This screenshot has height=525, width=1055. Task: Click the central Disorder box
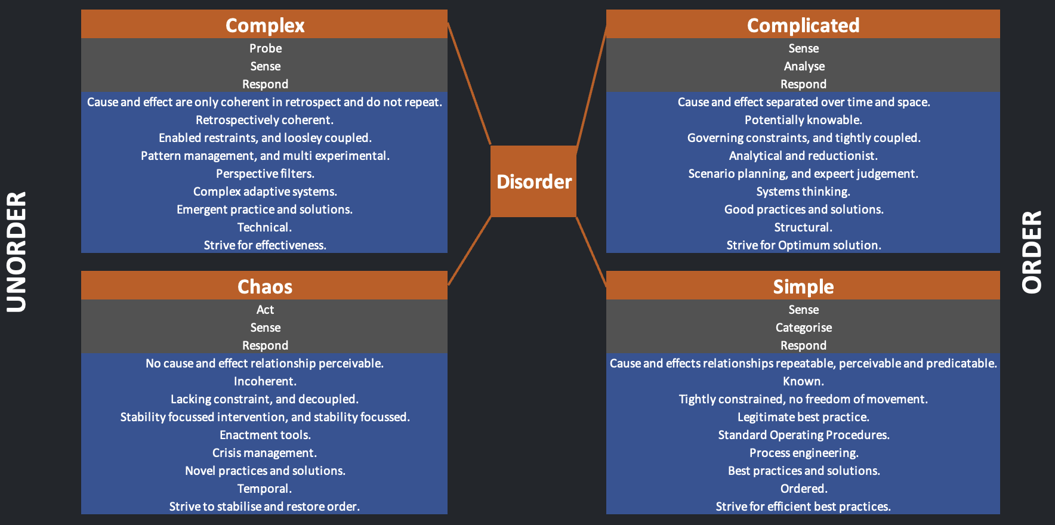point(533,181)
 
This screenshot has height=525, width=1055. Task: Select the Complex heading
point(265,25)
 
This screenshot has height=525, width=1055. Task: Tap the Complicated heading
point(803,25)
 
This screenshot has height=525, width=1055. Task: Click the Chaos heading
point(265,286)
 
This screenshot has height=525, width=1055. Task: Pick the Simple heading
point(803,286)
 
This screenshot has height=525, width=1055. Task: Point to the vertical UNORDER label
point(17,252)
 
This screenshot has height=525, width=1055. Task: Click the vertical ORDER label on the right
point(1032,252)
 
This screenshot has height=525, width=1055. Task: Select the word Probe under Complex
point(265,48)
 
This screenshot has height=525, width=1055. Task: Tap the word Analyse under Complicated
point(804,66)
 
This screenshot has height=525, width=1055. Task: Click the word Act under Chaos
point(265,310)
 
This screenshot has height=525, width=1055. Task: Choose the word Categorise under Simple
point(803,328)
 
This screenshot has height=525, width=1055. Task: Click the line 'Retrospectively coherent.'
point(264,120)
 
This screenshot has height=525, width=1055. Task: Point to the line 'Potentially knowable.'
point(803,120)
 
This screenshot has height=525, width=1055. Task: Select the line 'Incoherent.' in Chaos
point(265,381)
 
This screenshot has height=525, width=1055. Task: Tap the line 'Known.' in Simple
point(803,381)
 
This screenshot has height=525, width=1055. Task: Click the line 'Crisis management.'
point(264,453)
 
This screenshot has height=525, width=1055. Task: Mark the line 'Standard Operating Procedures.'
point(803,435)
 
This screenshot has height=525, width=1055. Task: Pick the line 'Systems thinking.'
point(803,192)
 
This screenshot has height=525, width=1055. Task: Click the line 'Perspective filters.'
point(265,174)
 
